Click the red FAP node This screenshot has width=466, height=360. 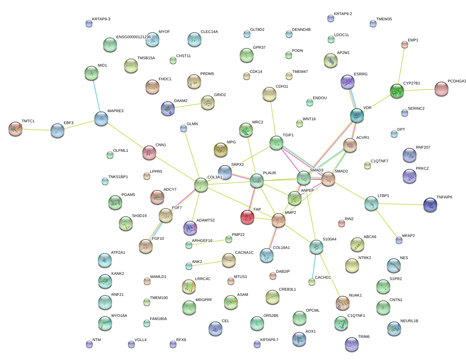point(247,217)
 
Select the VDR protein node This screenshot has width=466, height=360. point(357,115)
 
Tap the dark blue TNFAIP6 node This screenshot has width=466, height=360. point(430,205)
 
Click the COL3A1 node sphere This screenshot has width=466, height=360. point(201,184)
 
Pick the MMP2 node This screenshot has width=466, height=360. point(279,220)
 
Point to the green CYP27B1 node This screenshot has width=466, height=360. point(397,90)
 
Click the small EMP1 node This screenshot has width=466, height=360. point(405,44)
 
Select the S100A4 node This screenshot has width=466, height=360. point(316,247)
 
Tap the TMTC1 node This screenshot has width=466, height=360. point(15,128)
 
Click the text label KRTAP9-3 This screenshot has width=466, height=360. point(101,19)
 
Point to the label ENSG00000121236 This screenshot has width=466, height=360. point(133,37)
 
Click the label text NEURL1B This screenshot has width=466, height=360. point(409,321)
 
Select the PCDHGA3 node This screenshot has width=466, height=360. point(441,89)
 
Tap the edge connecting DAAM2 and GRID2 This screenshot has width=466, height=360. point(187,106)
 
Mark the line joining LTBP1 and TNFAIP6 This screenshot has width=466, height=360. point(401,204)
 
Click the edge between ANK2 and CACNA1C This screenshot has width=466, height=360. point(209,263)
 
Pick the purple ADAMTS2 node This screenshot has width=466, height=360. point(190,227)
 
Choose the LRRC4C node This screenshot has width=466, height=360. point(189,286)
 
